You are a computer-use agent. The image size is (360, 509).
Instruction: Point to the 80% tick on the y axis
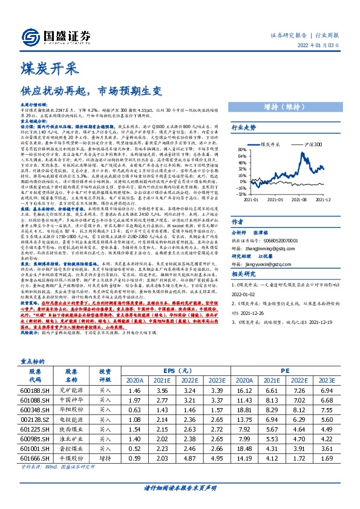[241, 149]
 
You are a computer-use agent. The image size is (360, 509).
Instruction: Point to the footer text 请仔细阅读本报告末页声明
[179, 502]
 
